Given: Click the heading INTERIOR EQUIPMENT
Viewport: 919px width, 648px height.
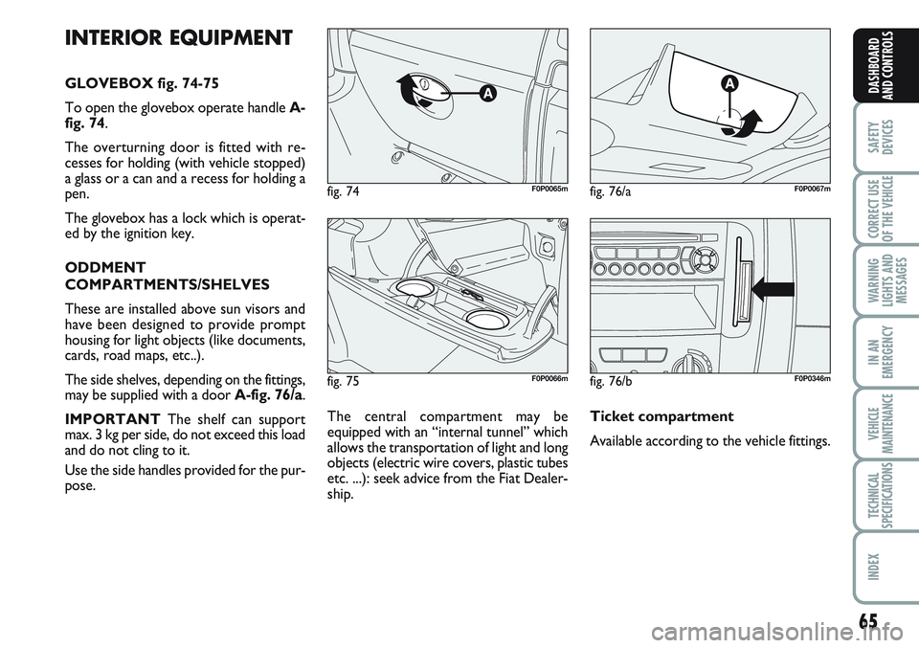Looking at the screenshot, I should tap(178, 38).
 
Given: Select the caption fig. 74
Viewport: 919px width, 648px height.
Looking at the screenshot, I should tap(344, 191).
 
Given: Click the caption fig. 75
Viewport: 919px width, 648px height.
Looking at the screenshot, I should tap(344, 380).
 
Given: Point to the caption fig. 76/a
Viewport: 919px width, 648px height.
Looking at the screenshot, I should tap(610, 191).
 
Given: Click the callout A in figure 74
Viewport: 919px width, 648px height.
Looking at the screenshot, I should tap(486, 93).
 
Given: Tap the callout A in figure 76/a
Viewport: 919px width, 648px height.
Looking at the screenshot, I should tap(729, 84).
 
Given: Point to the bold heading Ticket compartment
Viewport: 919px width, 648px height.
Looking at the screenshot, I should tap(662, 416).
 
